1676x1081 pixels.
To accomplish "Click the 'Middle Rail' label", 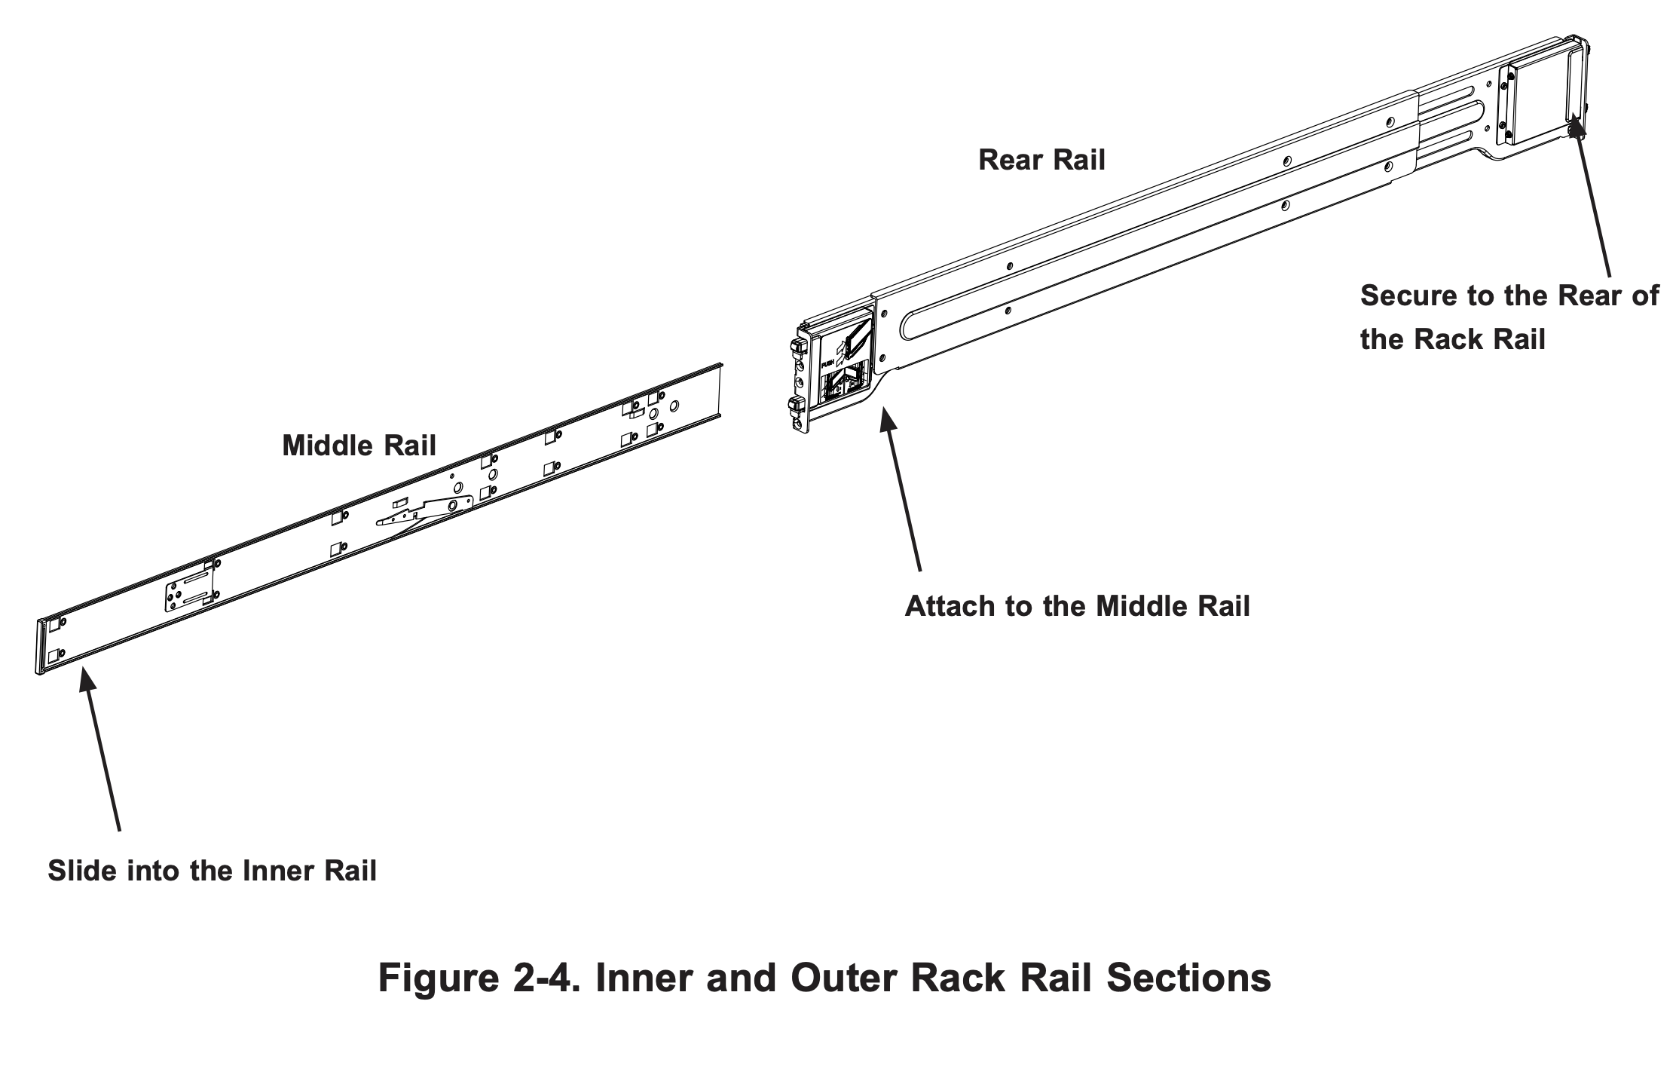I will (x=359, y=446).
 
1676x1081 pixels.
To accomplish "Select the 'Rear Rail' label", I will (x=1041, y=160).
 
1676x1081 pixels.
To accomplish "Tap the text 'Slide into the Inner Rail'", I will (x=212, y=871).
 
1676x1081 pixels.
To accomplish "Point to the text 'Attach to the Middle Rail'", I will (x=1077, y=606).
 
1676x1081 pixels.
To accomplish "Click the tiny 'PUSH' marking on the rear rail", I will (x=827, y=363).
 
